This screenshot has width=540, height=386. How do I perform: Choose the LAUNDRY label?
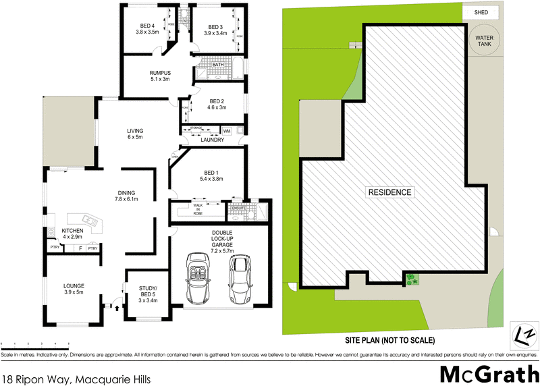(212, 140)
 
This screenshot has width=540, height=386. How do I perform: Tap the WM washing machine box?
(227, 130)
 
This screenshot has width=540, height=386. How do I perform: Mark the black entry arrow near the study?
(119, 308)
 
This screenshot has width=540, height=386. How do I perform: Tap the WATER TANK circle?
(484, 40)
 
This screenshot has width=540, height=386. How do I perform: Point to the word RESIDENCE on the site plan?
(389, 192)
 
